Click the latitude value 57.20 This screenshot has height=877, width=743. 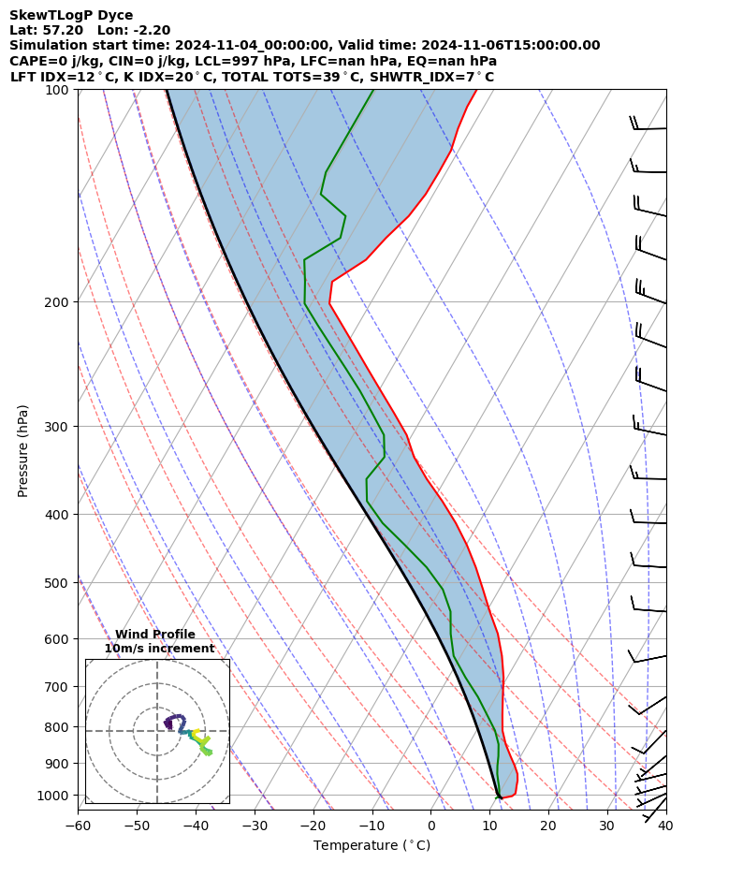click(x=65, y=30)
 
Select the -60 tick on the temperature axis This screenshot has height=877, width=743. click(x=78, y=826)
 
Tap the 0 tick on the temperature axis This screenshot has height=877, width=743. click(x=431, y=826)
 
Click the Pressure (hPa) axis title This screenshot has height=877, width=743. click(x=23, y=450)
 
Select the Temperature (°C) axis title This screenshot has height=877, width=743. click(x=371, y=846)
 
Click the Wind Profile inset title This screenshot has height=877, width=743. click(x=155, y=635)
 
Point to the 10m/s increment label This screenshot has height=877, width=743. click(x=159, y=648)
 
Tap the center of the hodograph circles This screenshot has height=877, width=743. click(x=157, y=731)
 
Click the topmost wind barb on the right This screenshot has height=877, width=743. click(x=649, y=127)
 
